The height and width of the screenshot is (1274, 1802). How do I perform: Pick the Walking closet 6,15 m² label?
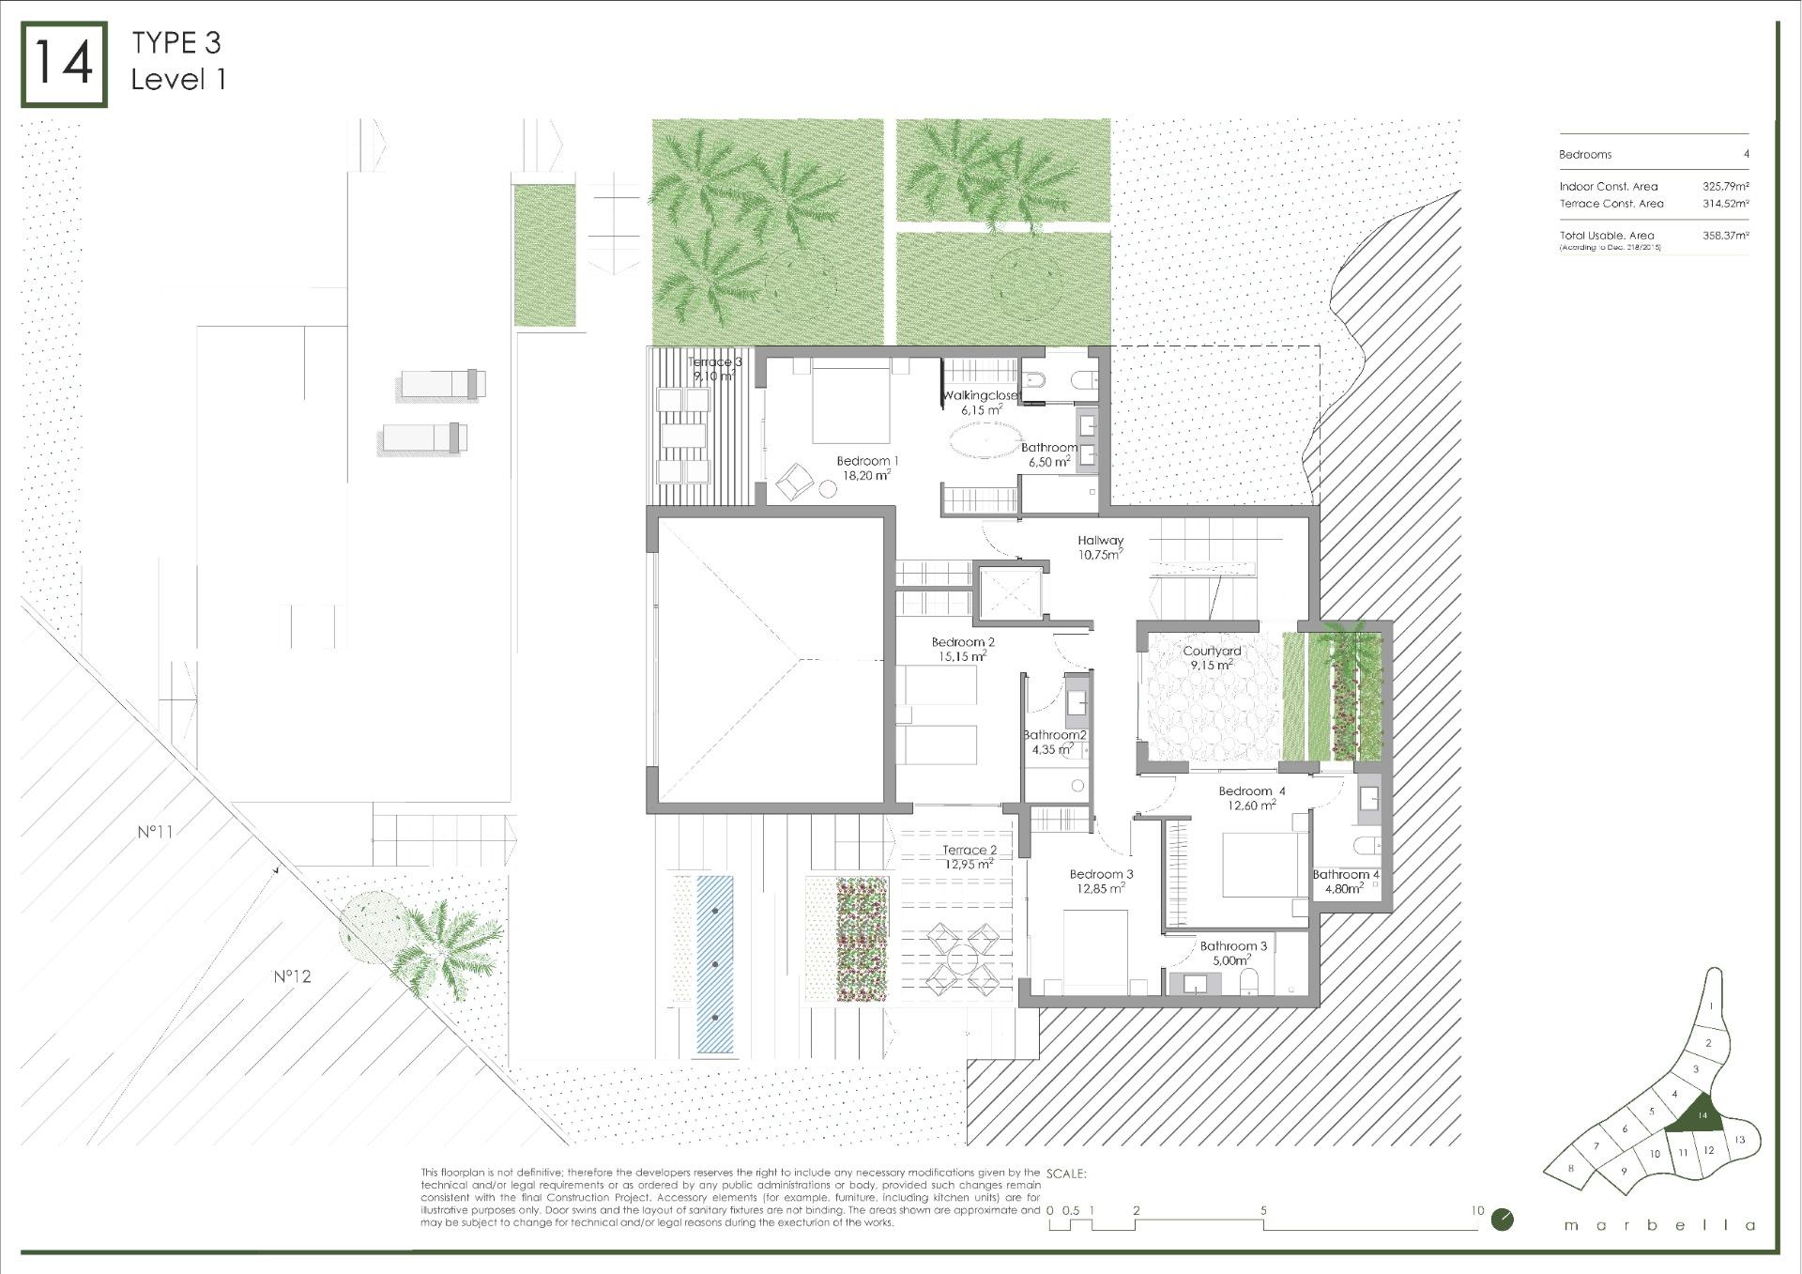coord(981,403)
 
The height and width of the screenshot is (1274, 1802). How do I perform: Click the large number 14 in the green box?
coord(64,64)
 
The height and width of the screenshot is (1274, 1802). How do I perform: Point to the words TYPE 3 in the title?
coord(176,43)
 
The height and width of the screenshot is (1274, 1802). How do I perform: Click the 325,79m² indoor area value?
coord(1725,187)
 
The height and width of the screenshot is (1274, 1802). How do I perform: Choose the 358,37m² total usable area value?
coord(1725,236)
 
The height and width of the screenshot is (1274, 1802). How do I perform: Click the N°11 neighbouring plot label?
coord(155,832)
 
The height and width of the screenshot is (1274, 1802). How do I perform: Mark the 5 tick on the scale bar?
coord(1263,1211)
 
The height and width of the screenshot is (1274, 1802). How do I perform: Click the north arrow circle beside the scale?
coord(1502,1220)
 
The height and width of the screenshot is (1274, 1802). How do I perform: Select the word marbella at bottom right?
coord(1659,1225)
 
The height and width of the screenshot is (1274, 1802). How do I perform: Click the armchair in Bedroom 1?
coord(794,481)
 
